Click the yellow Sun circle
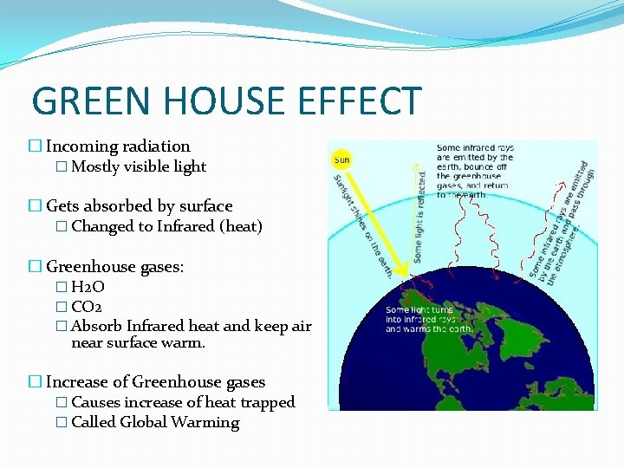pos(342,161)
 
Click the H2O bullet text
pos(88,287)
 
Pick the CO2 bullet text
pos(88,306)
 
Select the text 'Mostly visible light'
pos(139,166)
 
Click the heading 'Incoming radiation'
pos(118,146)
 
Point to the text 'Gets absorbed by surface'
pos(139,206)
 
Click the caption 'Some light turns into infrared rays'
pos(430,319)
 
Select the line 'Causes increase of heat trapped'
pos(183,402)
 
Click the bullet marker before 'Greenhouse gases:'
pos(36,267)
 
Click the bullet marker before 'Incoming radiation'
pos(36,146)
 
